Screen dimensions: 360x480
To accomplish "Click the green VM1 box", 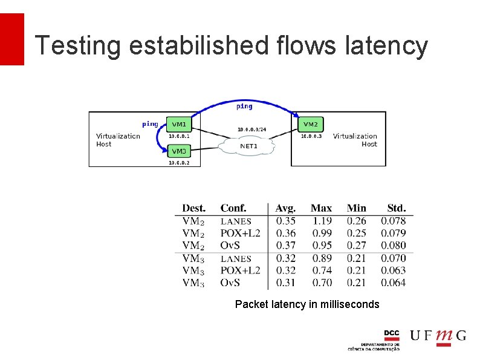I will [x=179, y=124].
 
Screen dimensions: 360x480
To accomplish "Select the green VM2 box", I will [x=310, y=124].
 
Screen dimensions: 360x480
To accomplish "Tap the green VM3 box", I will [x=179, y=151].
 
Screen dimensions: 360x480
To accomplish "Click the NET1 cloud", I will [x=249, y=146].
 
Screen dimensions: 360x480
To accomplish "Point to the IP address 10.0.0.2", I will [x=179, y=163].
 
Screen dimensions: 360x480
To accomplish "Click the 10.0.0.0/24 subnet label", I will [x=251, y=129].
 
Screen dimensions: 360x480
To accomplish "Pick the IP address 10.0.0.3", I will [x=311, y=136].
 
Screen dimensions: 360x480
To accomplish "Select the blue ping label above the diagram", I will [x=244, y=106].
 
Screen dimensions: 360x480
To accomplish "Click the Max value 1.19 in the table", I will [x=322, y=221].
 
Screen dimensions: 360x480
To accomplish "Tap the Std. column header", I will [x=396, y=208].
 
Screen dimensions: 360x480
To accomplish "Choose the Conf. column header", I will [x=233, y=208].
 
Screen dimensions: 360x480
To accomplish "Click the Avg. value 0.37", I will [x=286, y=246].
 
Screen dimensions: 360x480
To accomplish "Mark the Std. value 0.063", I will [x=393, y=270].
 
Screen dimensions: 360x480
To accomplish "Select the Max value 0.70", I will [x=322, y=283].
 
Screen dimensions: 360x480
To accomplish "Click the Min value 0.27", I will [x=356, y=246].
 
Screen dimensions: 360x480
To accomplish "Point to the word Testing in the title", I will [x=70, y=45].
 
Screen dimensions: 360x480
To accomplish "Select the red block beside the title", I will [x=12, y=39].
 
